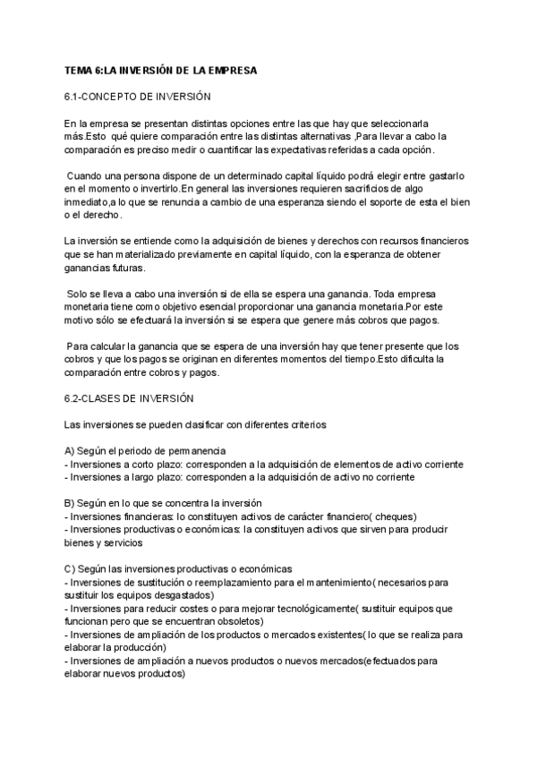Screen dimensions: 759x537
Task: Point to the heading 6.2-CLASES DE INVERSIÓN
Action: tap(129, 397)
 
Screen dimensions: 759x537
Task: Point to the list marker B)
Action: tap(70, 502)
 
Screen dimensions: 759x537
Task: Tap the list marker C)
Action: tap(70, 569)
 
